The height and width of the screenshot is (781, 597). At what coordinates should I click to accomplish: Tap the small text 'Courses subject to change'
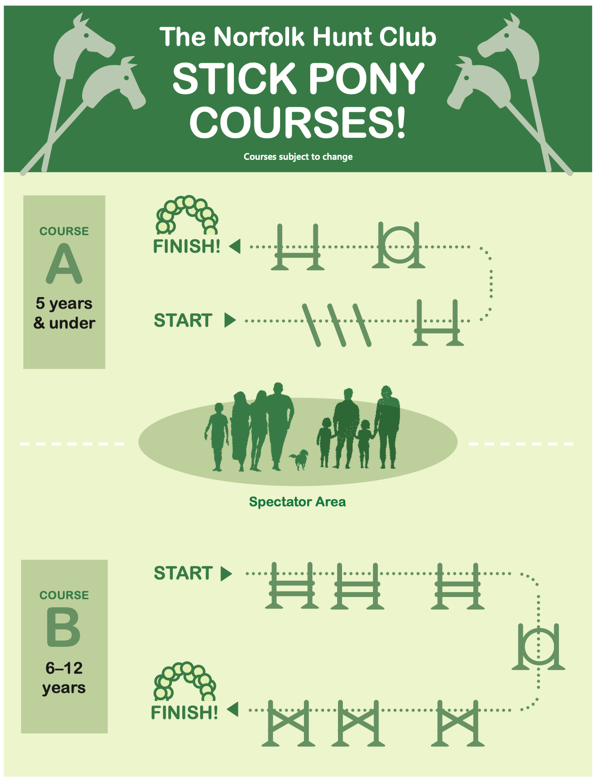pyautogui.click(x=298, y=157)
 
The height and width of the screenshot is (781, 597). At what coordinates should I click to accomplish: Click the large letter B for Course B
pyautogui.click(x=64, y=627)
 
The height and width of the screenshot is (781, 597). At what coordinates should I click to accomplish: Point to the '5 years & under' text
pyautogui.click(x=64, y=313)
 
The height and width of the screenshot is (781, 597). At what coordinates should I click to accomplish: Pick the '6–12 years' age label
pyautogui.click(x=64, y=678)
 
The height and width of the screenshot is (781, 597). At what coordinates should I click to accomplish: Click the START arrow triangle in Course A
pyautogui.click(x=230, y=320)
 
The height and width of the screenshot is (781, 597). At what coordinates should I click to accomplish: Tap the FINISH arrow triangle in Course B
pyautogui.click(x=233, y=710)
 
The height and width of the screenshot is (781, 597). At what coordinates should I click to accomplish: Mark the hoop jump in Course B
pyautogui.click(x=539, y=646)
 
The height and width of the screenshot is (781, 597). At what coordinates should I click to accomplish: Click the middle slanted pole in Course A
pyautogui.click(x=337, y=325)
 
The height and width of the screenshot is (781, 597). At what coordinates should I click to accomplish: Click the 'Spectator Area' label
pyautogui.click(x=298, y=501)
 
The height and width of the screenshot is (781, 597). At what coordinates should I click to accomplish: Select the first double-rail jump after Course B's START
pyautogui.click(x=292, y=586)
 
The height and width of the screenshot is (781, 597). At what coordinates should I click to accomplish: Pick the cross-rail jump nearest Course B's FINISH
pyautogui.click(x=288, y=723)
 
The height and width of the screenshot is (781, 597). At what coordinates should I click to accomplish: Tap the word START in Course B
pyautogui.click(x=183, y=573)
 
